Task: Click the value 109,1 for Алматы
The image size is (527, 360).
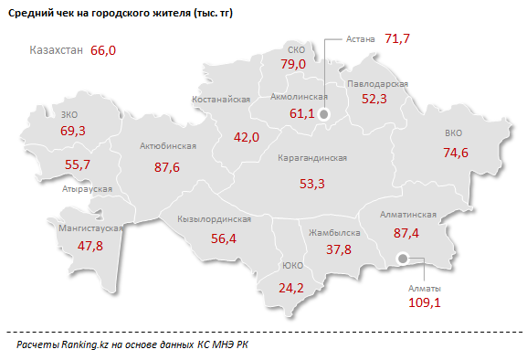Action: [423, 302]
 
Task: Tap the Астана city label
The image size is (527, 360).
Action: [363, 39]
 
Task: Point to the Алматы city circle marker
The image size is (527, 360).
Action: [404, 261]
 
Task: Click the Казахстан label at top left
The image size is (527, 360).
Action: [57, 50]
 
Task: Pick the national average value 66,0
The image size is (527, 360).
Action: [104, 50]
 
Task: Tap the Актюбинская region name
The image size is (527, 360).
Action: [167, 146]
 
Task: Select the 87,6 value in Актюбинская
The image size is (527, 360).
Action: [167, 167]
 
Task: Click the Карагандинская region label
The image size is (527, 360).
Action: [311, 157]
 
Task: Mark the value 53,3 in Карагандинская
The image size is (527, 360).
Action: [311, 184]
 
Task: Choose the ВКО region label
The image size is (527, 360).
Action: [454, 132]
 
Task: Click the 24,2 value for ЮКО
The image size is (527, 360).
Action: [291, 288]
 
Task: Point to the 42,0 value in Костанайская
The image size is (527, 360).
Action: [247, 137]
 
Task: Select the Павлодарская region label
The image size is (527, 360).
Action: [376, 83]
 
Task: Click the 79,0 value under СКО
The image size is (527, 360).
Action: [292, 65]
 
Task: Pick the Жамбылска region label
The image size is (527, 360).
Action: [334, 233]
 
